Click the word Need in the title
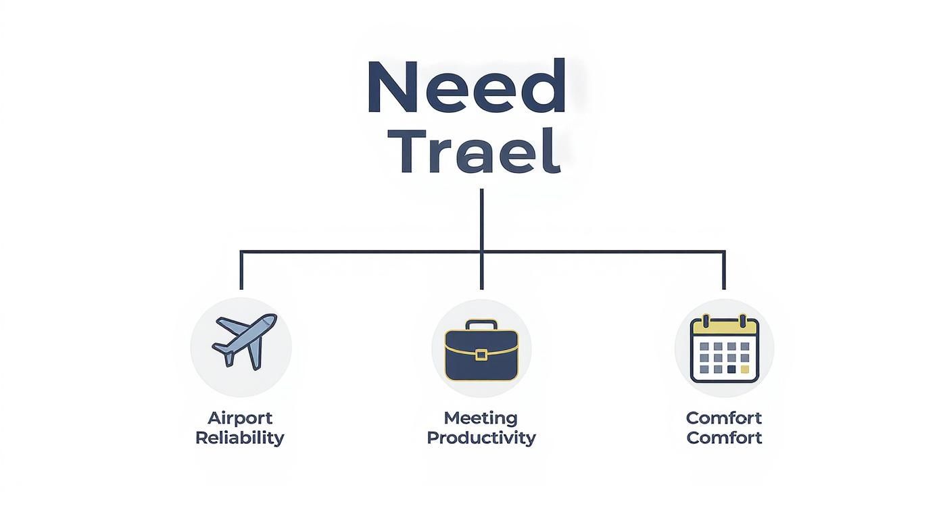[466, 88]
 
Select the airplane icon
[243, 341]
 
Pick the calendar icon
[724, 349]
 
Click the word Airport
[239, 417]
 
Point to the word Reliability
[239, 438]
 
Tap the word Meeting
[481, 417]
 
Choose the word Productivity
[481, 438]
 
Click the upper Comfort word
[724, 417]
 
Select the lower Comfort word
[724, 438]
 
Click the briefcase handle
[481, 325]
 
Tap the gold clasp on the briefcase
[481, 355]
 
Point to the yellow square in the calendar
[745, 370]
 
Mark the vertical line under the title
[481, 220]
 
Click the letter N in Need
[391, 88]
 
